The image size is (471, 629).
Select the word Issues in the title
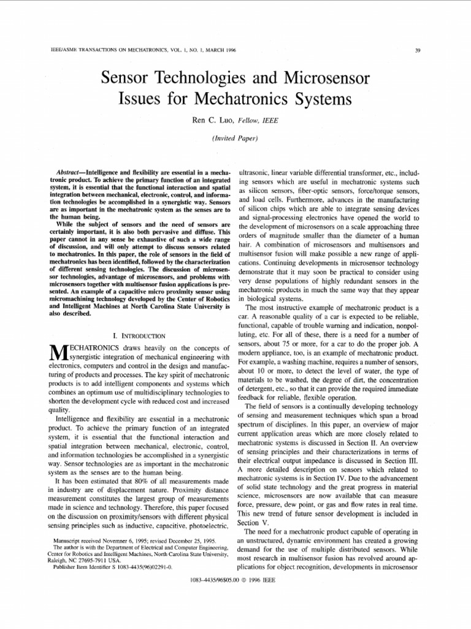click(x=140, y=98)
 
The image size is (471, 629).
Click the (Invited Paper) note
click(x=235, y=139)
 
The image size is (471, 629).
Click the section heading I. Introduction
click(x=140, y=336)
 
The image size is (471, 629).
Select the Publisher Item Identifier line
click(x=113, y=568)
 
